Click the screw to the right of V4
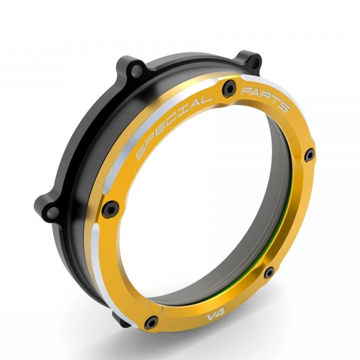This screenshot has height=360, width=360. pos(269,273)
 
